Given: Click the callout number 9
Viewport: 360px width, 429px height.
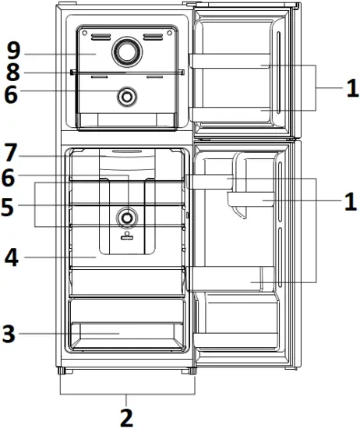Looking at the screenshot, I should [x=12, y=52].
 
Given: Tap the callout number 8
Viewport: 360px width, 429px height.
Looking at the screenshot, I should [x=12, y=73].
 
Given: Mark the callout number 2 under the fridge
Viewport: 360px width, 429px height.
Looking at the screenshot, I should [x=125, y=417].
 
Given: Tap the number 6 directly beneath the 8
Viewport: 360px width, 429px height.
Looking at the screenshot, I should [x=12, y=94].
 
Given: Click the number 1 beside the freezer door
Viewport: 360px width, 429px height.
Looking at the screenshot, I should [x=349, y=88].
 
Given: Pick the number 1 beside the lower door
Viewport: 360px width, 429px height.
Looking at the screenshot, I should [x=349, y=202].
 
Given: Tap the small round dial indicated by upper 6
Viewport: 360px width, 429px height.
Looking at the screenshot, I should [x=124, y=97].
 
